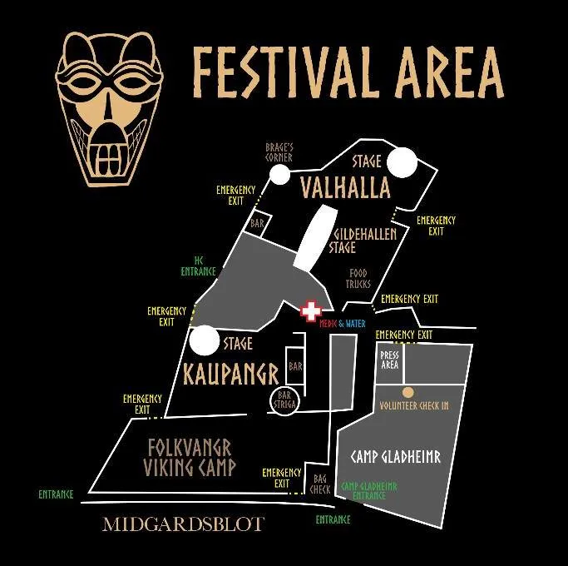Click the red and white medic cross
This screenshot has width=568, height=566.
[311, 312]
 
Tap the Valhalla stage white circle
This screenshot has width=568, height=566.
[403, 161]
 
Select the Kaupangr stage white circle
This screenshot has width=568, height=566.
[204, 340]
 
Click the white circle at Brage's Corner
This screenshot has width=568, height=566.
[277, 175]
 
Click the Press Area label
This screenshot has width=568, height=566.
[389, 360]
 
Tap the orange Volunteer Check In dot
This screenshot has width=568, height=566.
[407, 392]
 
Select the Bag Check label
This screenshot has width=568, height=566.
[320, 483]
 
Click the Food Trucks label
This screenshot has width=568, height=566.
[358, 279]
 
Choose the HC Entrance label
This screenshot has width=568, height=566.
[199, 266]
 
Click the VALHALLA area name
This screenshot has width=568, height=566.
[345, 188]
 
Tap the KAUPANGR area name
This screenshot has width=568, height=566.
[225, 375]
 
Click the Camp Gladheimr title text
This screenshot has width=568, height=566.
[395, 457]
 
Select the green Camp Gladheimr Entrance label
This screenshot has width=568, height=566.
[369, 490]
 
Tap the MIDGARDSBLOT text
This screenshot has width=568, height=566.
[183, 524]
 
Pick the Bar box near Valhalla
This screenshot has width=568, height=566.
[257, 224]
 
